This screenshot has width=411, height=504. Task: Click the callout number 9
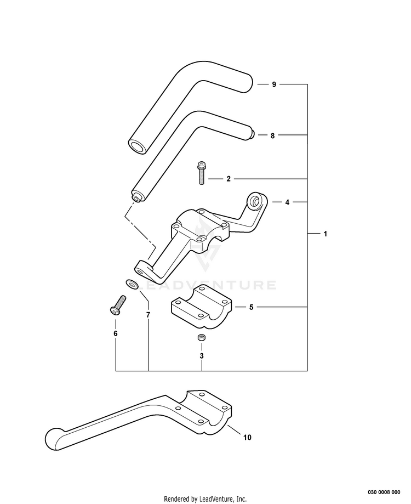point(274,84)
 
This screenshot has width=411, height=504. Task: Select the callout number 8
point(272,135)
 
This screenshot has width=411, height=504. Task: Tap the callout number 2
point(228,179)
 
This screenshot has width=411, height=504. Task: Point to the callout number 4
point(287,202)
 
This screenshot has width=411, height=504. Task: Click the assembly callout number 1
point(325,234)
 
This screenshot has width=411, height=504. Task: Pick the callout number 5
point(251,307)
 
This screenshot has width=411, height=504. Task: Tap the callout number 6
point(116,333)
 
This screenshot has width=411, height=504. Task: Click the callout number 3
point(202,356)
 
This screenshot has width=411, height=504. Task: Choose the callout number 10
point(247,437)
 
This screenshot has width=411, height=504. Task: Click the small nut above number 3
point(202,337)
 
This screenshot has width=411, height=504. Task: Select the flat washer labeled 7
point(132,284)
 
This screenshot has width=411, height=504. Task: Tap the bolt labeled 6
point(118,305)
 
